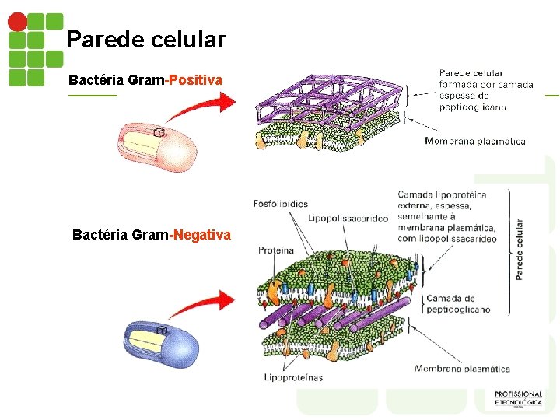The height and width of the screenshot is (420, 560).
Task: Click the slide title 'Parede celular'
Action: [x=145, y=39]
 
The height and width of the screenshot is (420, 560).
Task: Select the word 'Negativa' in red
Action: [x=202, y=234]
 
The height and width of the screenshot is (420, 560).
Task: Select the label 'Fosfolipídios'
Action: [x=281, y=204]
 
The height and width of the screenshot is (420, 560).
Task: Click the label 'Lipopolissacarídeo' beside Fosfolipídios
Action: [x=348, y=219]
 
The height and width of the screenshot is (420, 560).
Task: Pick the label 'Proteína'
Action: [x=276, y=250]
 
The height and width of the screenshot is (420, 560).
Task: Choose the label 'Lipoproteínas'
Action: [x=293, y=378]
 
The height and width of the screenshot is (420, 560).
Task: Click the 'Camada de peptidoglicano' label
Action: [x=458, y=303]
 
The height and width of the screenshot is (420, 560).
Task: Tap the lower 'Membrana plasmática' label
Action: [x=462, y=369]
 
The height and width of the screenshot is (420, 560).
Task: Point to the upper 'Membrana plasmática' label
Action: [x=475, y=141]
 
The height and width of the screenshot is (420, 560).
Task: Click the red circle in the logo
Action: [x=16, y=21]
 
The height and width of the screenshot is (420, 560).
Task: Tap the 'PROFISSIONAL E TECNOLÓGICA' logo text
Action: [x=518, y=398]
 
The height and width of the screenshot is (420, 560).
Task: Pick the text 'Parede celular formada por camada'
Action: [x=482, y=79]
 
